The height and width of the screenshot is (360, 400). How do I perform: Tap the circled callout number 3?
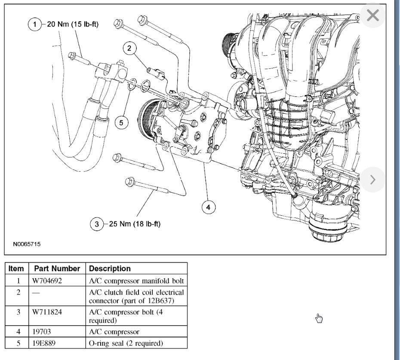tap(97, 224)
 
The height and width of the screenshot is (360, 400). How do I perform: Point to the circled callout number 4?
tap(208, 208)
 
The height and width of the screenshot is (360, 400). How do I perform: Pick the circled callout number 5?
tap(121, 123)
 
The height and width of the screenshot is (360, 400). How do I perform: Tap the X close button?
tap(372, 16)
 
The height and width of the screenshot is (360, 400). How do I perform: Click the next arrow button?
tap(372, 179)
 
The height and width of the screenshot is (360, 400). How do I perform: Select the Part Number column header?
tap(57, 268)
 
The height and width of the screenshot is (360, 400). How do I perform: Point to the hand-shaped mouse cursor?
tap(319, 318)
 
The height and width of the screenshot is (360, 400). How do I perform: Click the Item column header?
tap(16, 268)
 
